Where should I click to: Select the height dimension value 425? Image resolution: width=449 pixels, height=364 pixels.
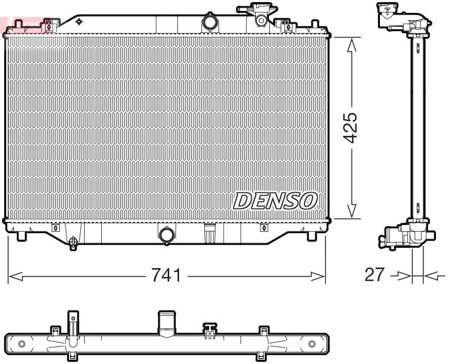tap(351, 128)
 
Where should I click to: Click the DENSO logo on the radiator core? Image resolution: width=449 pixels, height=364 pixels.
tap(275, 200)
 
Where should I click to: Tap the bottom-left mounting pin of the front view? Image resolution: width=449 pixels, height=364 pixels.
tap(21, 236)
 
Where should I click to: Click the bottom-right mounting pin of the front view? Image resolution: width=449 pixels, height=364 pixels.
tap(311, 236)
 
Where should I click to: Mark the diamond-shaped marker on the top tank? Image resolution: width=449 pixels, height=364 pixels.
tap(79, 21)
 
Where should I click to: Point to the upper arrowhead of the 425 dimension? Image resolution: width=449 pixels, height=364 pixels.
tap(351, 45)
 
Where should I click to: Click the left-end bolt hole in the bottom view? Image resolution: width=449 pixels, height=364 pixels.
tap(21, 344)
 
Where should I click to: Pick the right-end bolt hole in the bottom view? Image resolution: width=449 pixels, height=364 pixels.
tap(311, 344)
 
